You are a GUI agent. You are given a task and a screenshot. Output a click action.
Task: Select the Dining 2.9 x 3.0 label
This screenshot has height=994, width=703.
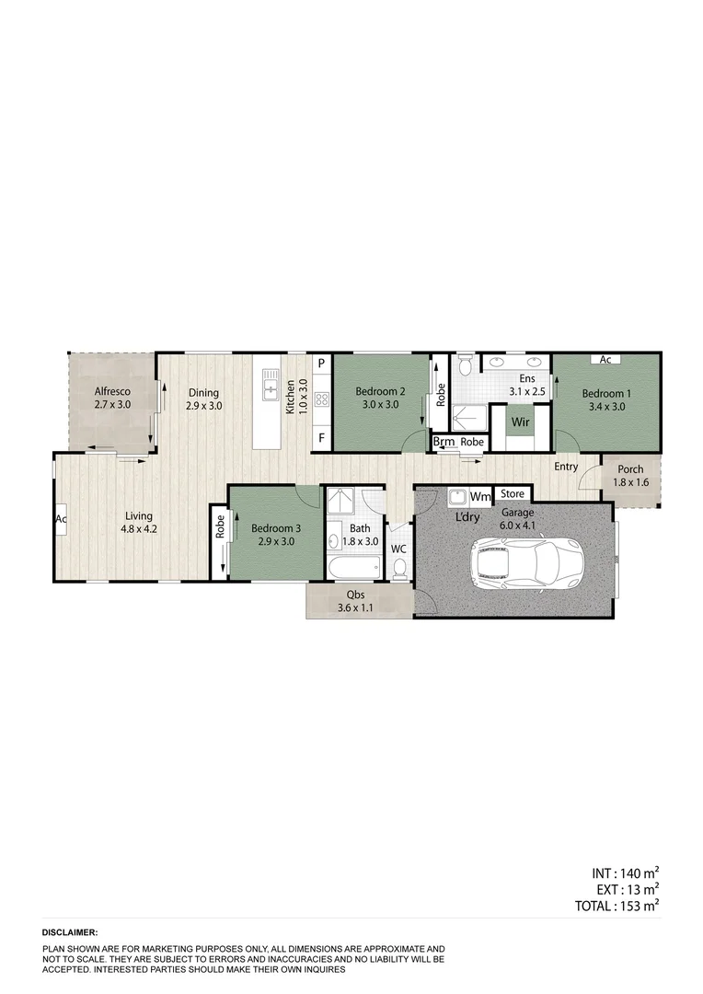[203, 399]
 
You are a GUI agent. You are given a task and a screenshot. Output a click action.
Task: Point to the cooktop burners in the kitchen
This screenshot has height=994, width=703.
[321, 399]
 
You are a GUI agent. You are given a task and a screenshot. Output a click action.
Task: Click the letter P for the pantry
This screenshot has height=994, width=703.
[321, 364]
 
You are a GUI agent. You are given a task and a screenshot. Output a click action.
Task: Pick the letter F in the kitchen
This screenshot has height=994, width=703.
[321, 437]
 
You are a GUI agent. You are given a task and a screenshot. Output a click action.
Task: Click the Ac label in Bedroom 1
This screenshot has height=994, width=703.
[605, 359]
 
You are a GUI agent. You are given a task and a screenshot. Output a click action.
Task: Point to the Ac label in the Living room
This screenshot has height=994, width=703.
[62, 519]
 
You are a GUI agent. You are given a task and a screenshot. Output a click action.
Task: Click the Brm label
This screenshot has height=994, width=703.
[444, 442]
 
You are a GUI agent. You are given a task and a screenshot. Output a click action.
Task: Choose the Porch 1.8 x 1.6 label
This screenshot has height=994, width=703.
[631, 475]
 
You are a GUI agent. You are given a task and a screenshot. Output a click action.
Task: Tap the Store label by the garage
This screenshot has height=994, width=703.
[513, 496]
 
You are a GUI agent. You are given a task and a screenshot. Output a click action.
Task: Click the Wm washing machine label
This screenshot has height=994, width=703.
[480, 497]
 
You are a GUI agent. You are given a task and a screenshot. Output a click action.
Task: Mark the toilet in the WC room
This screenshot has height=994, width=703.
[398, 571]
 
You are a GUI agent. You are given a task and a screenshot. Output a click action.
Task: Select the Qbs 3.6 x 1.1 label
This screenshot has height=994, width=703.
[354, 601]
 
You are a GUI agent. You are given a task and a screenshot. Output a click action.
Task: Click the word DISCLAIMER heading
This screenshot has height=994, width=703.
[71, 932]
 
